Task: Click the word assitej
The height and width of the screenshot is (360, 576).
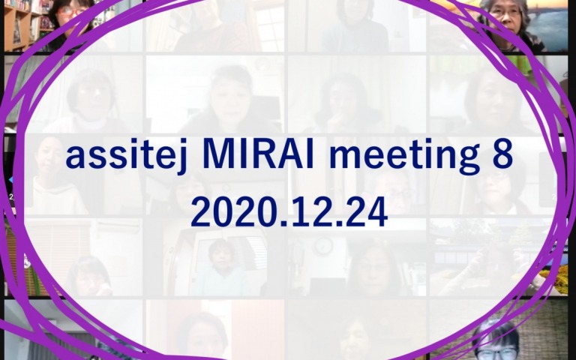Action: (127, 157)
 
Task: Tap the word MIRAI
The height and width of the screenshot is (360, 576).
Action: (258, 154)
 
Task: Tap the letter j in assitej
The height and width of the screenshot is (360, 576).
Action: (181, 157)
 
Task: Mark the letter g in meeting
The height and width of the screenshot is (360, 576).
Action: (468, 161)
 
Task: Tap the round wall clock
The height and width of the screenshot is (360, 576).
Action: (324, 247)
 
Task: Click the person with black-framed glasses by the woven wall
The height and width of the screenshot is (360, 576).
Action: (496, 340)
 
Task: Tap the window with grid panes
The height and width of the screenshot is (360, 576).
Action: (270, 25)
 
